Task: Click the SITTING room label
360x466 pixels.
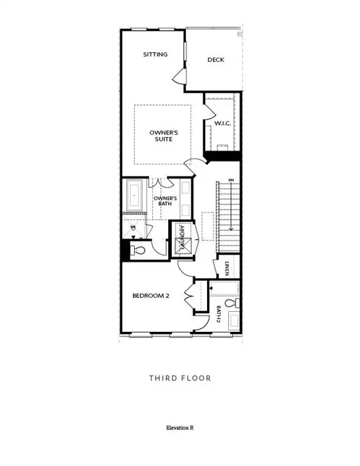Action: pyautogui.click(x=155, y=55)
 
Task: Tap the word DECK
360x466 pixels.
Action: pyautogui.click(x=216, y=59)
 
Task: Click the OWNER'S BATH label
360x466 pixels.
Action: pyautogui.click(x=165, y=201)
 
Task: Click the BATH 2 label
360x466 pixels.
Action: pyautogui.click(x=217, y=314)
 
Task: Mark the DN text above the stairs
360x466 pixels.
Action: pyautogui.click(x=231, y=180)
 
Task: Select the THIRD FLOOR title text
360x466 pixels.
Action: pyautogui.click(x=180, y=378)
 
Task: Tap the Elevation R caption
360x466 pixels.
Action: pyautogui.click(x=180, y=428)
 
